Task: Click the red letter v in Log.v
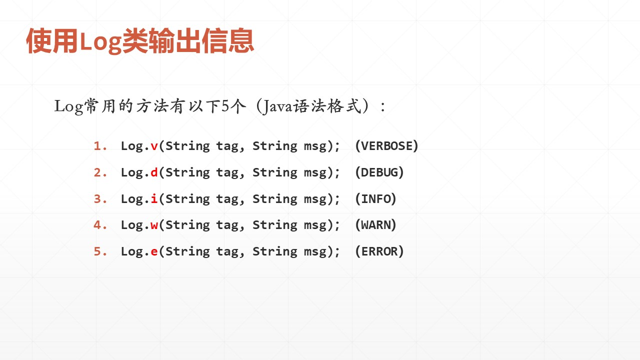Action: click(154, 146)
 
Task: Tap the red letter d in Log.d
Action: click(154, 172)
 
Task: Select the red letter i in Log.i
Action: click(154, 198)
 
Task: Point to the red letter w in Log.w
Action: click(154, 225)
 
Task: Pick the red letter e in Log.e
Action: click(154, 251)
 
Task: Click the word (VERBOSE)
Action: click(386, 146)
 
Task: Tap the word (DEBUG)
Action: click(379, 172)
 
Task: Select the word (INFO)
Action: click(375, 199)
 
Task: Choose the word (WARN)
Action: click(375, 225)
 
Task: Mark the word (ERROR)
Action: click(379, 251)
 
